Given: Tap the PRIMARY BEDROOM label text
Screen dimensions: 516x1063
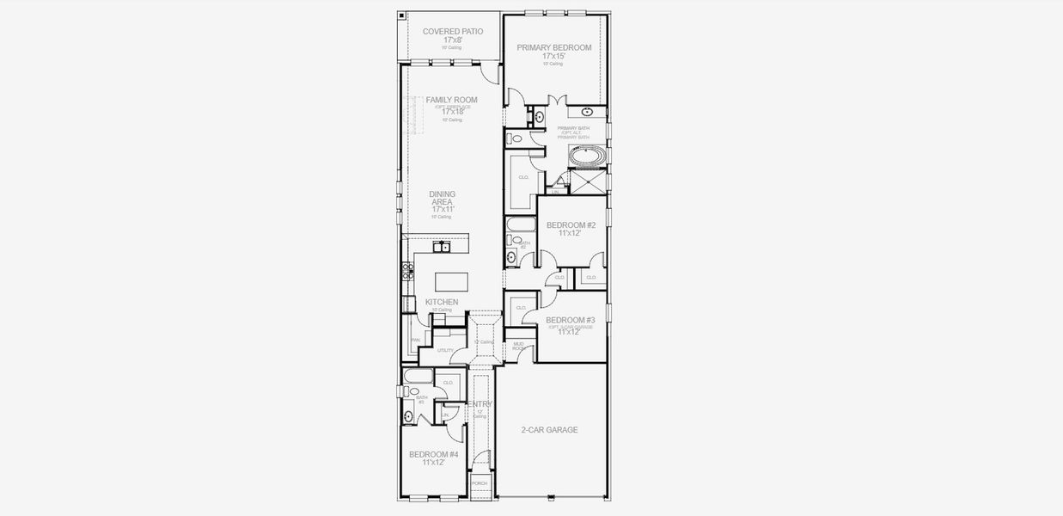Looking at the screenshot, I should tap(553, 47).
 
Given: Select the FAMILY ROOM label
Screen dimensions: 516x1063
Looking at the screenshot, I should tap(451, 100).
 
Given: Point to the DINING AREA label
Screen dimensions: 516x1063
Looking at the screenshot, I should tap(442, 198).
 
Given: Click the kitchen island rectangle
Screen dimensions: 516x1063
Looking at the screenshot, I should tap(453, 281).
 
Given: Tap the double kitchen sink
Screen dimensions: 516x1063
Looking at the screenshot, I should tap(442, 247).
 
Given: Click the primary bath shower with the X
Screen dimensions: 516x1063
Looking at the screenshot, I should tap(588, 181).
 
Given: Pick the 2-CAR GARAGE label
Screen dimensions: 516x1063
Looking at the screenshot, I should tap(549, 430).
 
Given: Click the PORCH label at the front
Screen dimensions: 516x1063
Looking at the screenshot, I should tap(480, 483).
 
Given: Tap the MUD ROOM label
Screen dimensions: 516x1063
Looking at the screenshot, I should tap(518, 347).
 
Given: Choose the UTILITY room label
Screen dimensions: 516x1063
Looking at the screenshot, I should tap(445, 350).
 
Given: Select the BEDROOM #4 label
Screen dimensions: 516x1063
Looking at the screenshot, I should tap(433, 454).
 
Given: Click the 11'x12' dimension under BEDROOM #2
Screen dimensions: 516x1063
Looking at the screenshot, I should tap(571, 233).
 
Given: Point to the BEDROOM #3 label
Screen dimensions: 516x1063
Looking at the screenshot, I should tap(571, 319).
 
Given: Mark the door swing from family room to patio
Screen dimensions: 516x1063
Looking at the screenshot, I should tap(490, 74).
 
